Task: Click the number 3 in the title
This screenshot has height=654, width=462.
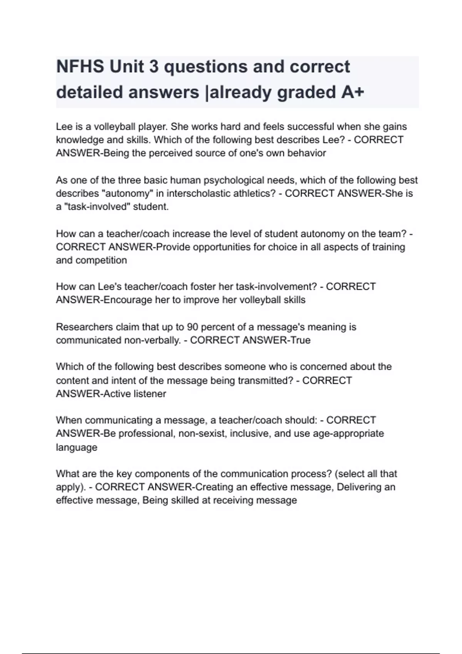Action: (x=154, y=67)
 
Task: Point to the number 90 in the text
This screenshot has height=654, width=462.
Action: (x=192, y=327)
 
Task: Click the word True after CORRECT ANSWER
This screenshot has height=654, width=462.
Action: (x=300, y=340)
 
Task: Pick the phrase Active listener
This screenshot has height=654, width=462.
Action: (x=135, y=394)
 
